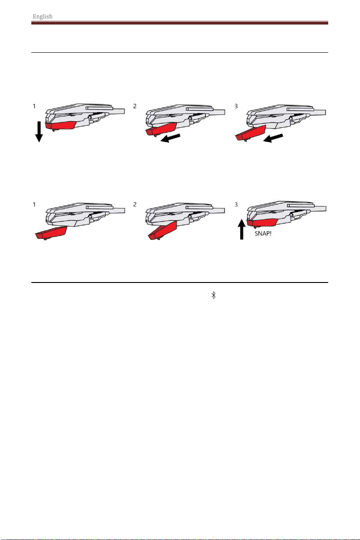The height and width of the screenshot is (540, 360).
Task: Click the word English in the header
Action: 43,16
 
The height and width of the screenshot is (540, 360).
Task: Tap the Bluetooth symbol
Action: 213,295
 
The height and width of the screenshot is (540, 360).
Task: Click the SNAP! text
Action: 263,233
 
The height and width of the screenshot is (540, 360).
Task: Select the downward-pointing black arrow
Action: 39,132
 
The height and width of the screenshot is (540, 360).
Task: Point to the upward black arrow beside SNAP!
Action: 242,229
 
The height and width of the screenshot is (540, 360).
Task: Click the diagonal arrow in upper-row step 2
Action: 171,138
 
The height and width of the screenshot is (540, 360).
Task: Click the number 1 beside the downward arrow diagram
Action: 34,106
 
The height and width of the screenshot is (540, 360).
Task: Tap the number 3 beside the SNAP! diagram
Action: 236,204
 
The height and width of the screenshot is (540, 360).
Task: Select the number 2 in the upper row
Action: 135,106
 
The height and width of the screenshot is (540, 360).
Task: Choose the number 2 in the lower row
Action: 135,204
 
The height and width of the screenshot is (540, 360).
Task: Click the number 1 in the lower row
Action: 34,204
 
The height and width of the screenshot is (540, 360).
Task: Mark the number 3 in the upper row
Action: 236,106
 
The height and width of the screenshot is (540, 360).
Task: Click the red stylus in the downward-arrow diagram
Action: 60,125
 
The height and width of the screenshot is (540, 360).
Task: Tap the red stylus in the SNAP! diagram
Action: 262,223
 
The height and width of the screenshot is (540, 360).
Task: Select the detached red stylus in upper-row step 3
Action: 250,133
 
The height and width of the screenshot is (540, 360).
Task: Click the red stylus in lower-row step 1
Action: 51,233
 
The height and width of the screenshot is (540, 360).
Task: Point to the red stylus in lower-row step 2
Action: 162,230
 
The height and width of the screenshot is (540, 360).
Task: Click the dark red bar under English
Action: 180,23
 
